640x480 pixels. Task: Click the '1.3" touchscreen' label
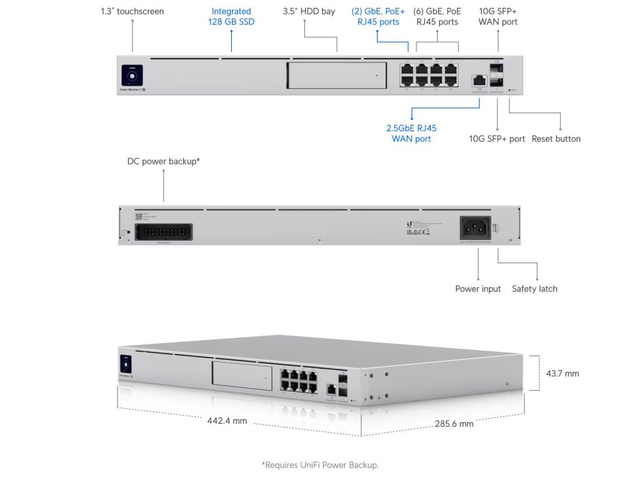132,11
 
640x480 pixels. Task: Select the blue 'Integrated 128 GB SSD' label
231,16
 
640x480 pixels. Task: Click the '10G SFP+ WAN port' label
498,16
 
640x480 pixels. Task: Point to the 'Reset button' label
556,139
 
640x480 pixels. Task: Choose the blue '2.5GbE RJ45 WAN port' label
411,133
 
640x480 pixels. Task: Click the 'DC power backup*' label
164,161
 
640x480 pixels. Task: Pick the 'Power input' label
478,289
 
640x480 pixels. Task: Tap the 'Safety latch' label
534,289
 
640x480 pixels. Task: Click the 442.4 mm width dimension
227,421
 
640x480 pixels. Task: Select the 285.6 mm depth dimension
454,424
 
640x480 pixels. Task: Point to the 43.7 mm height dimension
562,374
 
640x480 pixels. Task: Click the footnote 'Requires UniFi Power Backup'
320,465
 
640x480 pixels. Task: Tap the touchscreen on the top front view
132,76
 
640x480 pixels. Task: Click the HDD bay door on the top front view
336,76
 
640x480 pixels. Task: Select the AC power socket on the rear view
476,227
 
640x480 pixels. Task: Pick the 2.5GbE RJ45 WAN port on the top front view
479,80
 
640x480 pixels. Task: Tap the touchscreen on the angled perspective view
126,365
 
